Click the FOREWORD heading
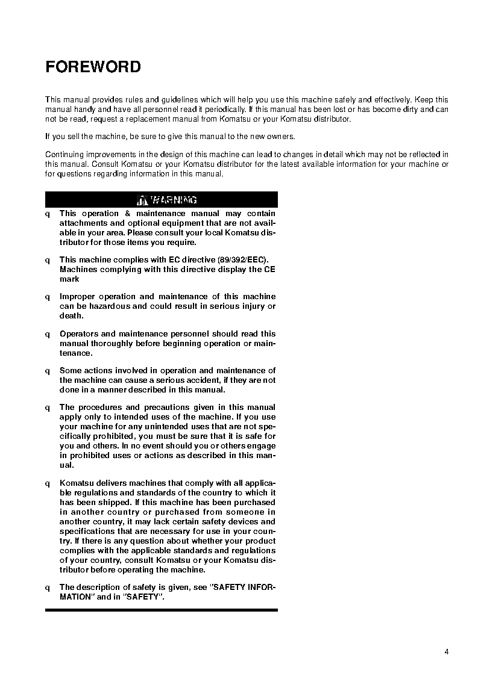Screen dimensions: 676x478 [x=93, y=67]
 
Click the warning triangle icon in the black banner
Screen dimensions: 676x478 [x=142, y=200]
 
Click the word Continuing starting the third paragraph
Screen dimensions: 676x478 [x=64, y=155]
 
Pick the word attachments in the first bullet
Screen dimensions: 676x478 [x=84, y=223]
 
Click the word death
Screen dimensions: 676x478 [x=71, y=316]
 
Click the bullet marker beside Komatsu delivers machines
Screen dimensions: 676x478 [x=48, y=483]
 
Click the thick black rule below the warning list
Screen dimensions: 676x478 [x=161, y=610]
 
